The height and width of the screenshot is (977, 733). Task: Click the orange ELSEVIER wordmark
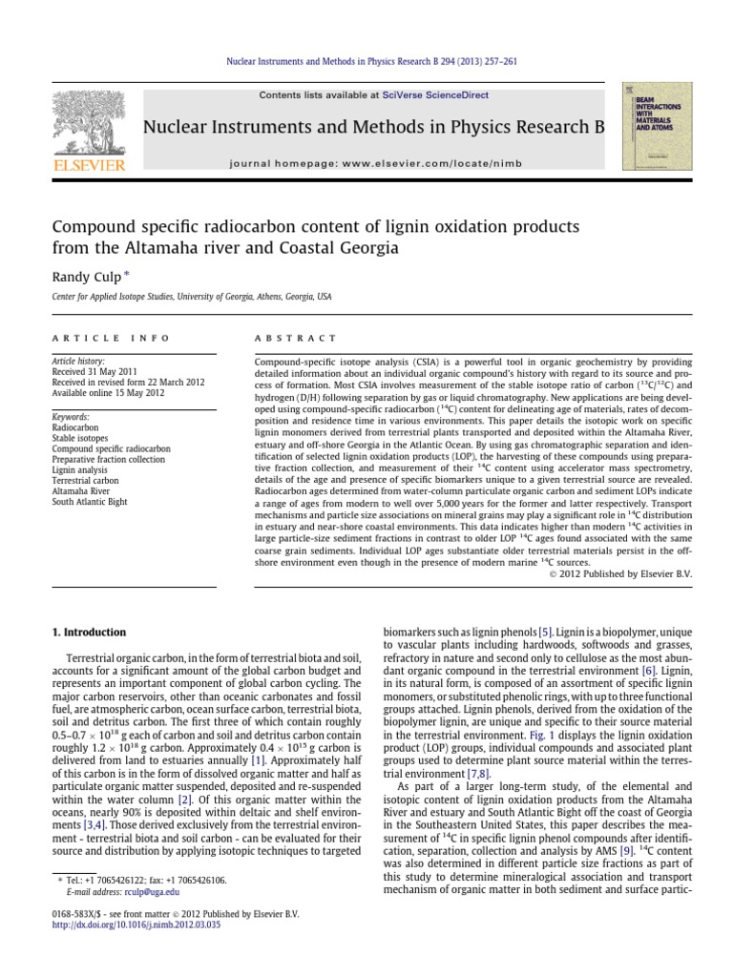click(88, 165)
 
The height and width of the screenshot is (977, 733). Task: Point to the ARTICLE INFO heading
click(111, 338)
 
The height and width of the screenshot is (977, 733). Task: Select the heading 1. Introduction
click(89, 632)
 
